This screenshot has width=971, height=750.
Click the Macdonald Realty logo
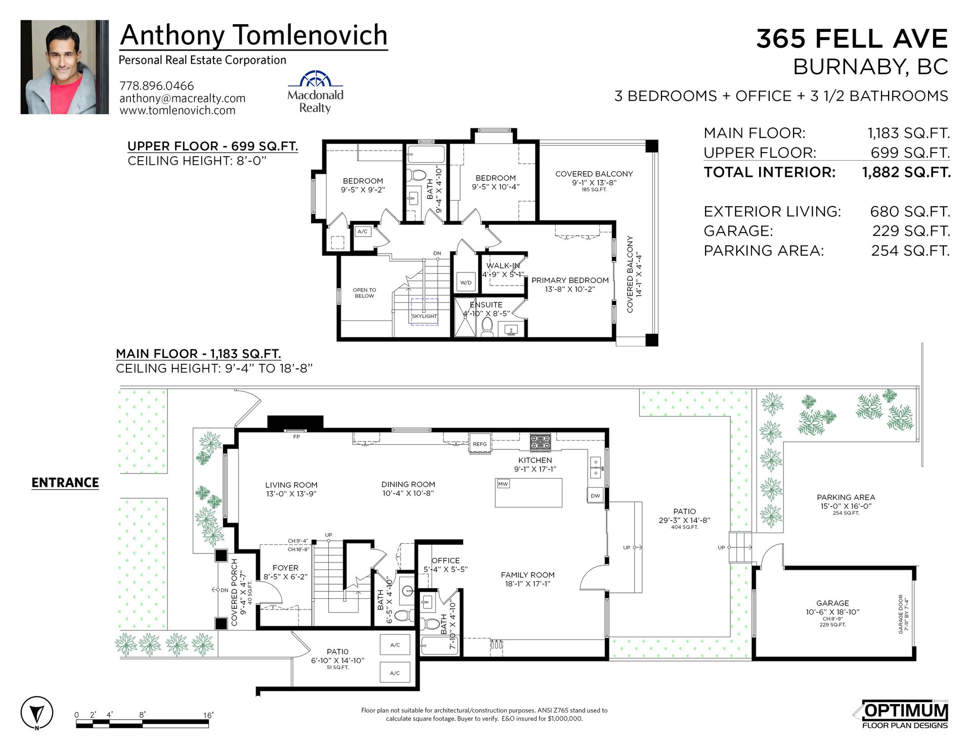[x=315, y=92]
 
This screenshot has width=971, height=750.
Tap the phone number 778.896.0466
[x=157, y=86]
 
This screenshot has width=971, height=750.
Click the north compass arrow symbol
[x=36, y=713]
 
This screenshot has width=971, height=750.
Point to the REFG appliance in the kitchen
[x=480, y=444]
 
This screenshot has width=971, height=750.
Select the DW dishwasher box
[x=596, y=495]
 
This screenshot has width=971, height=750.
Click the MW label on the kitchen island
[x=503, y=484]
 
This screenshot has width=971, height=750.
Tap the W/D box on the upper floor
[x=466, y=283]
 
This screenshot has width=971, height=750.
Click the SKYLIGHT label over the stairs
[x=424, y=316]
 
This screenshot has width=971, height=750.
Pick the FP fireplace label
[x=297, y=437]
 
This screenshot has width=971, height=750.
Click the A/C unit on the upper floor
[x=363, y=231]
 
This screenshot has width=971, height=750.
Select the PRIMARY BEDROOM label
[x=570, y=280]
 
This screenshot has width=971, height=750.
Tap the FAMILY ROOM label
[x=527, y=575]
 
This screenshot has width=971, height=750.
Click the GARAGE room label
[x=832, y=603]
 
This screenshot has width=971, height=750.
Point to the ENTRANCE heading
[x=65, y=483]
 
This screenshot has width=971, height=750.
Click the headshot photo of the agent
[x=65, y=67]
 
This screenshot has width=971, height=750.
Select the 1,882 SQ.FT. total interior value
[x=906, y=172]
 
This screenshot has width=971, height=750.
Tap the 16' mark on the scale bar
[x=208, y=715]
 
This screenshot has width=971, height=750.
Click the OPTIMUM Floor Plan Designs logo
[x=905, y=715]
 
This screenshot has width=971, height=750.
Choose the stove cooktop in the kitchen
[x=541, y=442]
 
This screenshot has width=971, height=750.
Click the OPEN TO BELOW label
[x=364, y=293]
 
